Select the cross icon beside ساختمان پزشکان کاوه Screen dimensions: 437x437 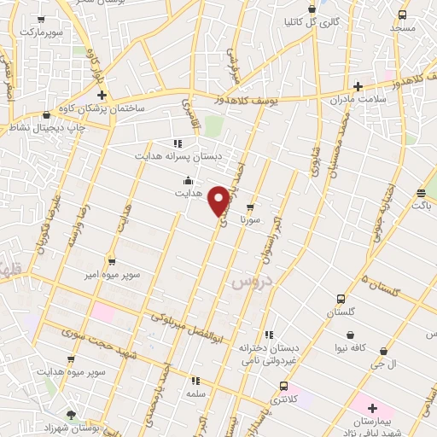[x=102, y=95]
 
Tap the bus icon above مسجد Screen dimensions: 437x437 [x=402, y=15]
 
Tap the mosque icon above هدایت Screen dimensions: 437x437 [x=187, y=180]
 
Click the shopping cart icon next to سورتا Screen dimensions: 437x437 [x=249, y=207]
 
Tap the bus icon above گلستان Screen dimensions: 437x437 [x=341, y=299]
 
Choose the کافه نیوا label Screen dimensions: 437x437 [x=355, y=348]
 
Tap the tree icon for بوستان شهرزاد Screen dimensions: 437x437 [x=71, y=414]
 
